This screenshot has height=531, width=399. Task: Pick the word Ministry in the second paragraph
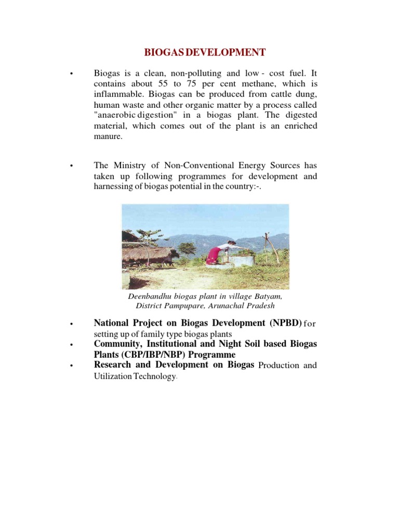point(135,165)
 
